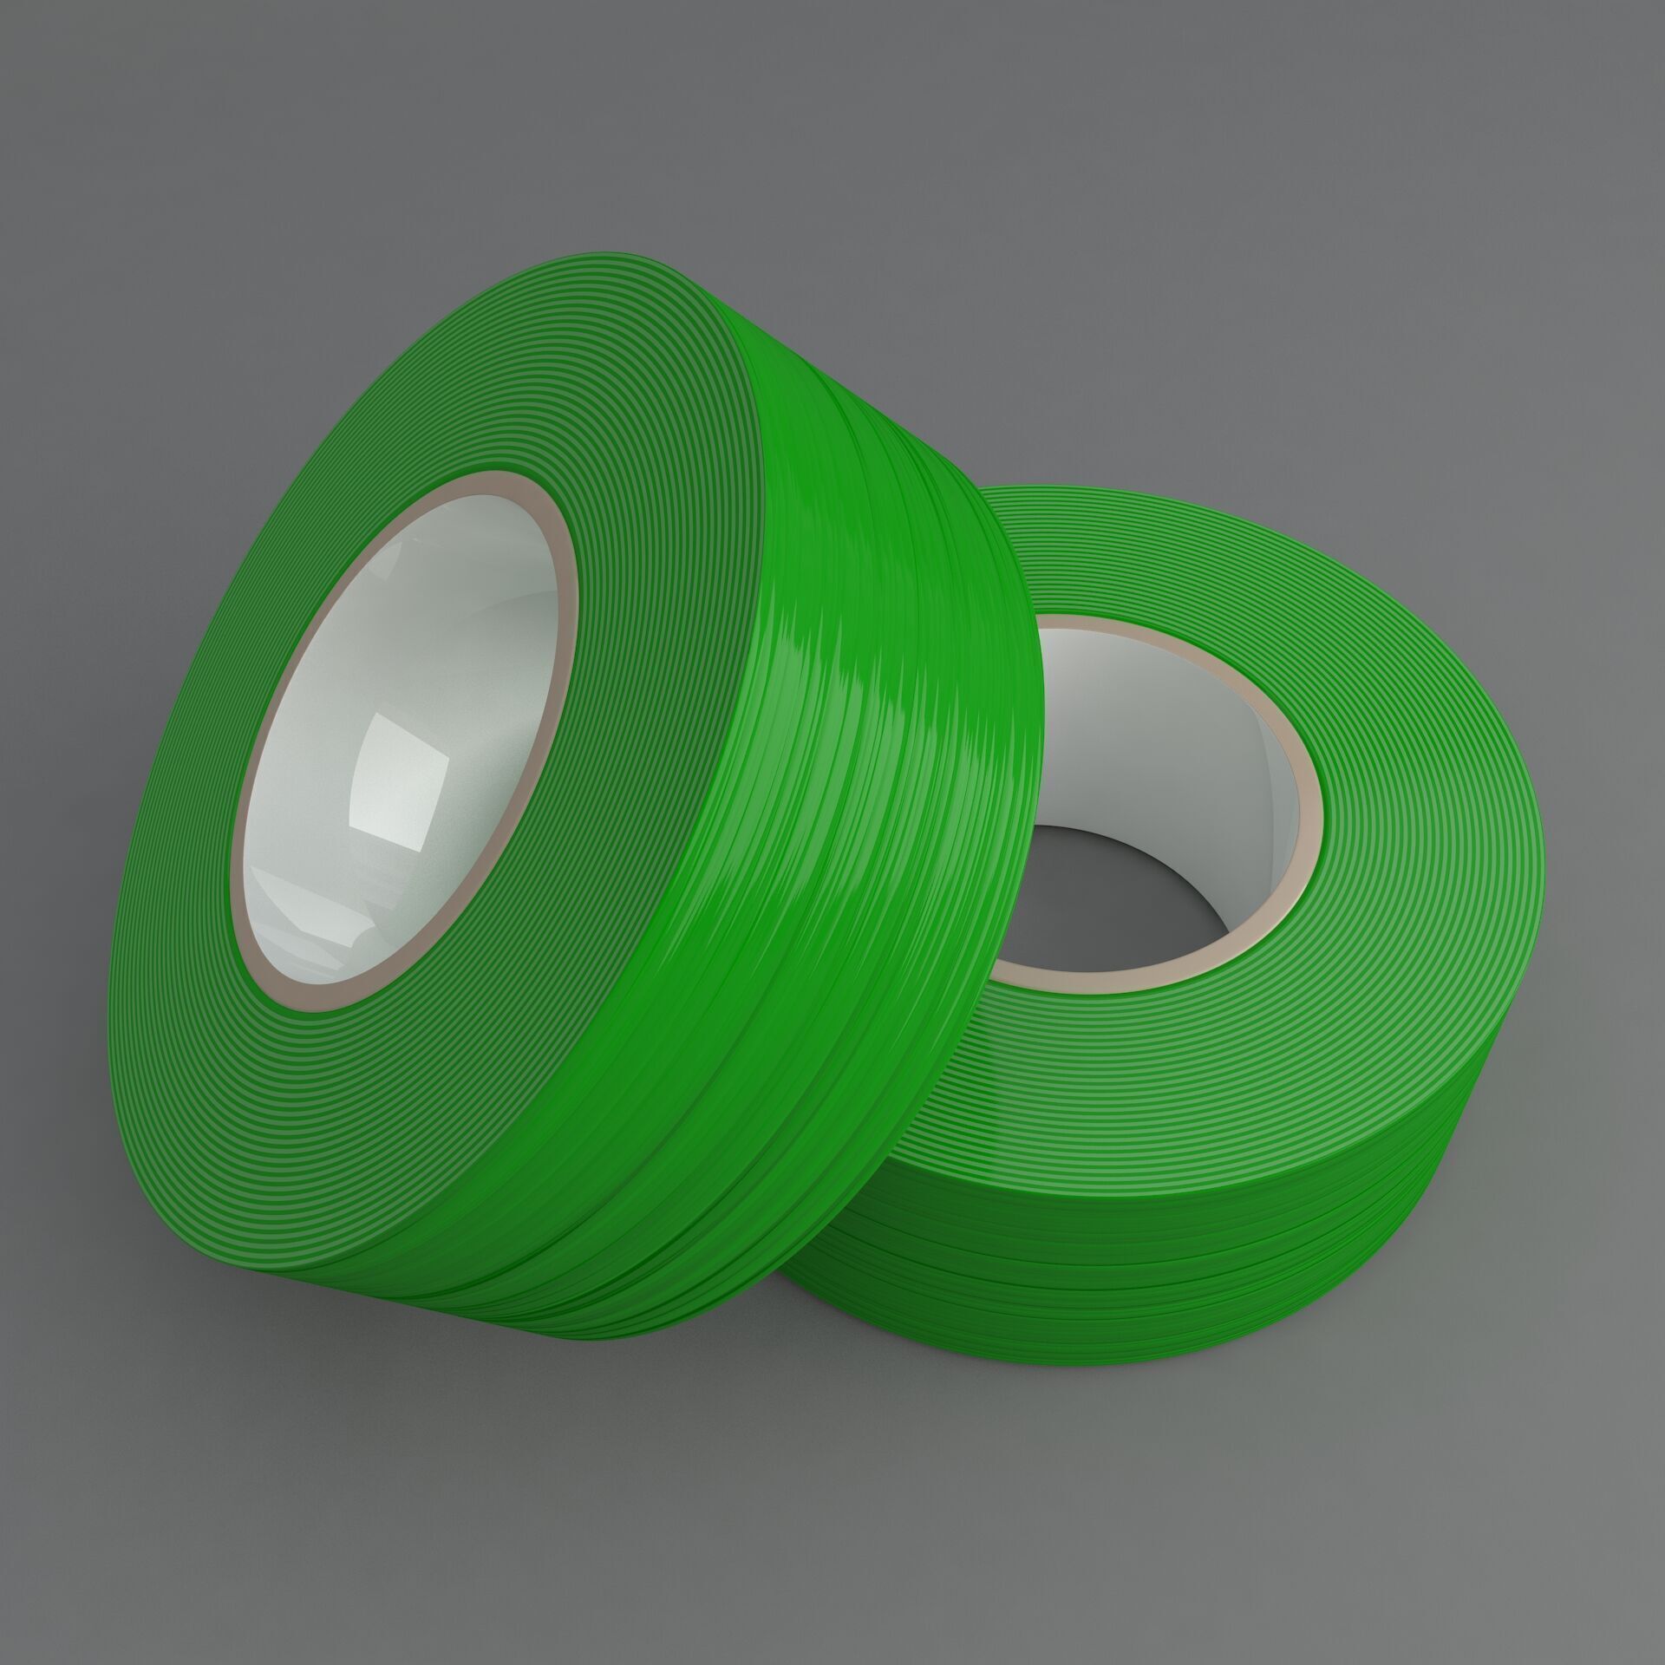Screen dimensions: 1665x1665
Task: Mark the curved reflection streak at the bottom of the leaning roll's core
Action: [x=338, y=937]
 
